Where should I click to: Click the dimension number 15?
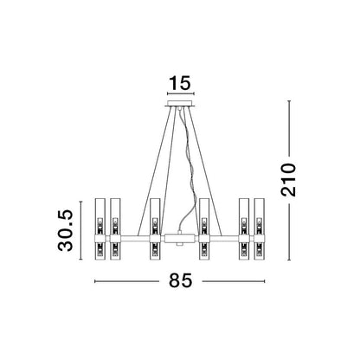pyautogui.click(x=180, y=83)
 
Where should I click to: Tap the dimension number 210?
pyautogui.click(x=289, y=180)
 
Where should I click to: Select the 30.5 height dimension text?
pyautogui.click(x=66, y=230)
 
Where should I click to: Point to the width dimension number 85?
pyautogui.click(x=180, y=280)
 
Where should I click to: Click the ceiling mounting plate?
pyautogui.click(x=181, y=104)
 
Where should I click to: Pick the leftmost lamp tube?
pyautogui.click(x=100, y=229)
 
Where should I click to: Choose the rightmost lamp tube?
pyautogui.click(x=259, y=229)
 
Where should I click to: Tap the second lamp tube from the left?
pyautogui.click(x=115, y=229)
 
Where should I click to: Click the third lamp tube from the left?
pyautogui.click(x=155, y=229)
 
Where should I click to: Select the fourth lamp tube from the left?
pyautogui.click(x=204, y=229)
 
